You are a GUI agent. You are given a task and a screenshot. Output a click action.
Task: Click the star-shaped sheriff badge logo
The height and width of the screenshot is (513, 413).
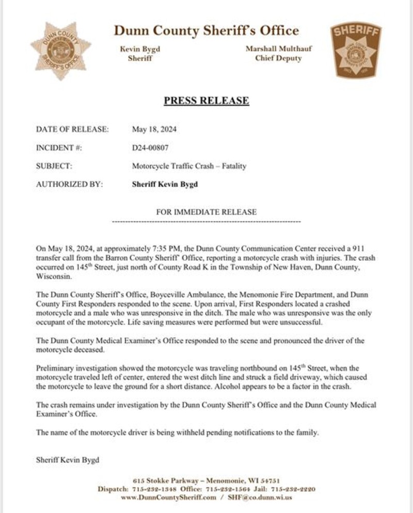(60, 51)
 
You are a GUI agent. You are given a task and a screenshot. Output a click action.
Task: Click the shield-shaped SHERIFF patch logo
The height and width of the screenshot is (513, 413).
(355, 51)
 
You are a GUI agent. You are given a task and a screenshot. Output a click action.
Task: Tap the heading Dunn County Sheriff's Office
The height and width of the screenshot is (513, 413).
(206, 30)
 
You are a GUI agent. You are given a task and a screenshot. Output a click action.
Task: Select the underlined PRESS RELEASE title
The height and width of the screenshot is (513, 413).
(206, 101)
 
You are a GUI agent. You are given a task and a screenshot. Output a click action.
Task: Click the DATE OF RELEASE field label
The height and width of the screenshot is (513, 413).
(72, 129)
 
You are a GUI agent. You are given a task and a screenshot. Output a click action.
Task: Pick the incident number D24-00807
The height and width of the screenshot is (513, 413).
(150, 148)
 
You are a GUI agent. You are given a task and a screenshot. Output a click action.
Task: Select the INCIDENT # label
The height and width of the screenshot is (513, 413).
(59, 148)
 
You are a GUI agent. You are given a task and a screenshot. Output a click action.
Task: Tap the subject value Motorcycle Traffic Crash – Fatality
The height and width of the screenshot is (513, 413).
(189, 166)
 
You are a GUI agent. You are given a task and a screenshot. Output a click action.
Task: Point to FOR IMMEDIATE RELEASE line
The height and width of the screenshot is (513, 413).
(206, 212)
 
